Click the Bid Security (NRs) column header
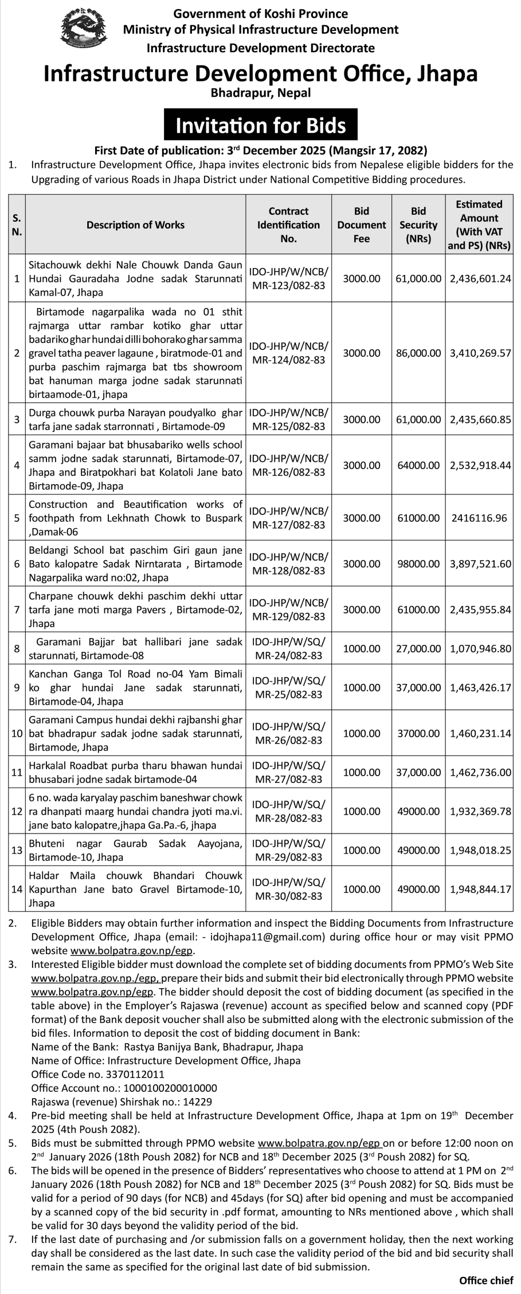[418, 225]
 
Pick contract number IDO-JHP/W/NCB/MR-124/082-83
[289, 353]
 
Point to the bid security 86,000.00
[418, 353]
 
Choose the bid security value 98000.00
[418, 564]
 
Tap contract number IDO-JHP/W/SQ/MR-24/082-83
[289, 648]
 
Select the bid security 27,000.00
[418, 648]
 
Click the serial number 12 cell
[17, 811]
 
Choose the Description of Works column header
[135, 225]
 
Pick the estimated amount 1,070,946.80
[480, 648]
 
